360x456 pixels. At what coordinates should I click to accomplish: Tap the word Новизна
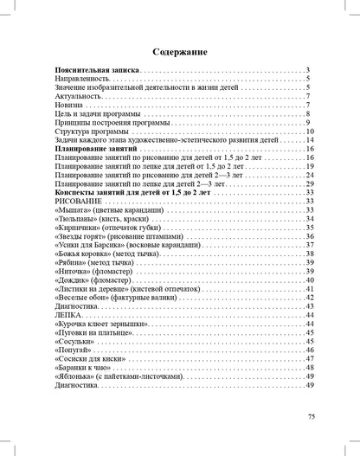pos(70,105)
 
